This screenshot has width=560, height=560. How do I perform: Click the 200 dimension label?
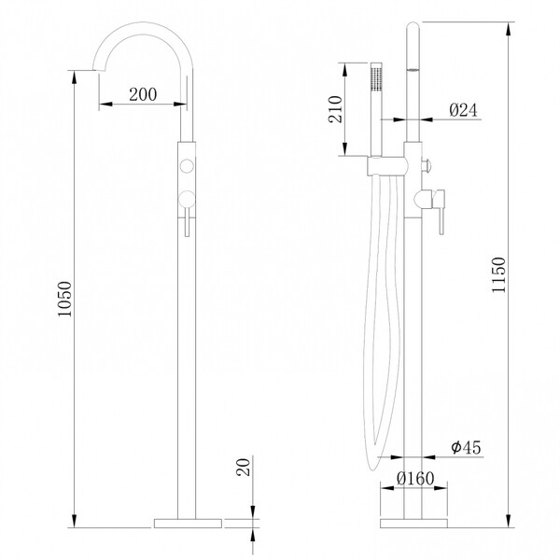[x=143, y=94]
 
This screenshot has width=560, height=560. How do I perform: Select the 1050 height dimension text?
[x=65, y=299]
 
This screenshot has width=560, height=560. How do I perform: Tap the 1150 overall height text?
[x=498, y=275]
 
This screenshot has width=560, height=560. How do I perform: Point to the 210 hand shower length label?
[x=335, y=109]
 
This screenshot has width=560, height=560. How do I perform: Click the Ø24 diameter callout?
[x=463, y=110]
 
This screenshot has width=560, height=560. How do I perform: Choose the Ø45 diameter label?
[x=466, y=447]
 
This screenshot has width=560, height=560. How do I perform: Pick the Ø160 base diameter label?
[x=415, y=478]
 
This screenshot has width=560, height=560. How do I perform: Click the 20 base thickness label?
[x=244, y=468]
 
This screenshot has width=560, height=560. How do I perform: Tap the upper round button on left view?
[x=187, y=166]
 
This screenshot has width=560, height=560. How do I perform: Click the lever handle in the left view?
[x=187, y=214]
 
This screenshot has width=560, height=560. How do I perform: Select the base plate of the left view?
[x=188, y=524]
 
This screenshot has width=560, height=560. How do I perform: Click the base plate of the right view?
[x=413, y=524]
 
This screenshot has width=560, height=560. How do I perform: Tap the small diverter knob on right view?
[x=427, y=166]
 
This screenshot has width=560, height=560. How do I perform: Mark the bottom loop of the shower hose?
[x=372, y=463]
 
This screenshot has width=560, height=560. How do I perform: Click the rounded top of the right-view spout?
[x=413, y=26]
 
